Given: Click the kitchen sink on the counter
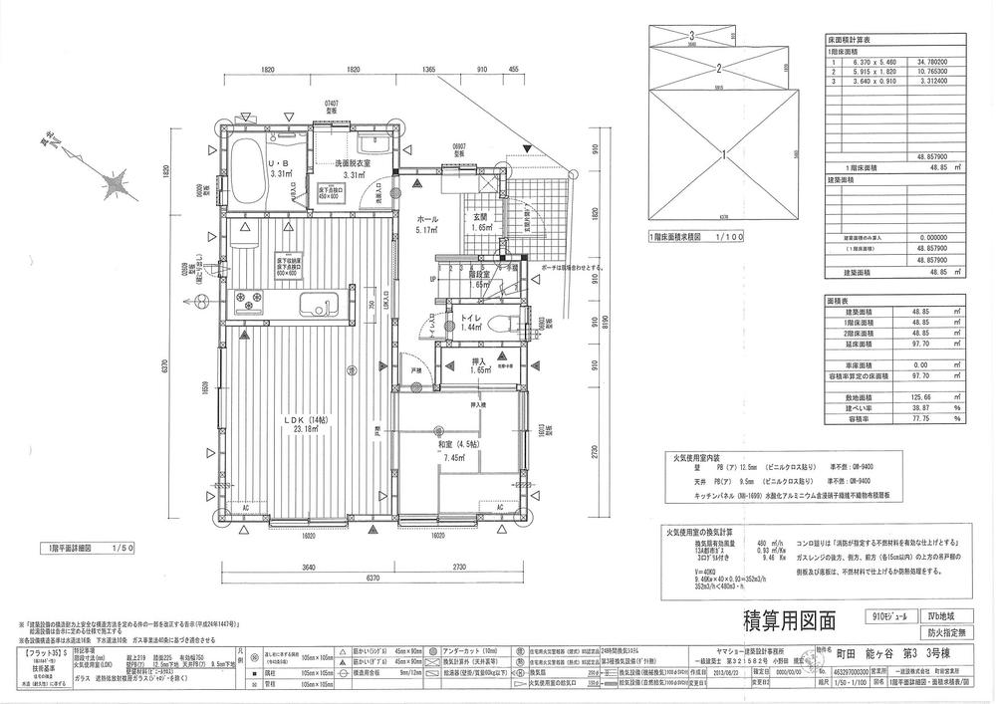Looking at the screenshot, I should point(321,303).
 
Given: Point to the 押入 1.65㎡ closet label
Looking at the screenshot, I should point(478,365).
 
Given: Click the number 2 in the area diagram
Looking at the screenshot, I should point(718,69).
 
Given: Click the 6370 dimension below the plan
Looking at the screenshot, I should point(373,577).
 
